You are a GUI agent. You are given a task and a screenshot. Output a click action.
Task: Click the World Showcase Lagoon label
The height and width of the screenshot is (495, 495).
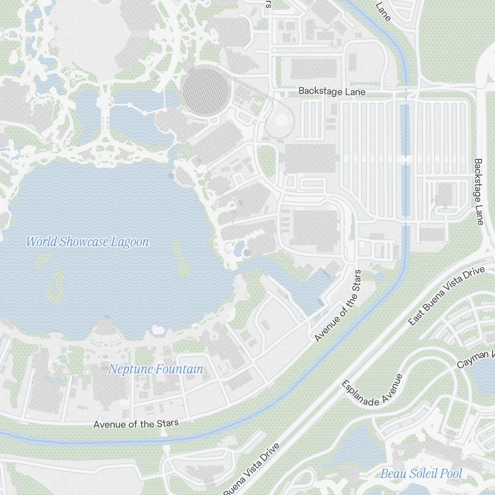tap(87, 242)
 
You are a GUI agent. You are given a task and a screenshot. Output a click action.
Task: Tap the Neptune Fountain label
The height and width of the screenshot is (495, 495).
tap(155, 369)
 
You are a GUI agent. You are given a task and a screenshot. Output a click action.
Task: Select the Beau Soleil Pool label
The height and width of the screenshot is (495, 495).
tap(421, 474)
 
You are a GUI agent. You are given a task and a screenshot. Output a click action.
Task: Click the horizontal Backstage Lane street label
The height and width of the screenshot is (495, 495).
tap(332, 92)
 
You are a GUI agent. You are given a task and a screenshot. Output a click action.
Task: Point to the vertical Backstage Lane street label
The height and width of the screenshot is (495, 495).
tap(478, 192)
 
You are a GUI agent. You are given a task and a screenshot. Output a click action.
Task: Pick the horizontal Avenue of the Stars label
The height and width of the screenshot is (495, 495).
tap(136, 424)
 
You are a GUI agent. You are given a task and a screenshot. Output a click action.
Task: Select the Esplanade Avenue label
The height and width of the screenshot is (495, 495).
tap(372, 391)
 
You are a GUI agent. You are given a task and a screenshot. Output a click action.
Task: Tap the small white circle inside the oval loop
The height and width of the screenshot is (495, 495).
tap(281, 120)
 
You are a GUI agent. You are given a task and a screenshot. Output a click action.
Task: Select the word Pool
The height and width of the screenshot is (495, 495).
tap(451, 474)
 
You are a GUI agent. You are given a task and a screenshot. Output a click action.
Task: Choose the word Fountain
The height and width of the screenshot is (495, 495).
tap(179, 369)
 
